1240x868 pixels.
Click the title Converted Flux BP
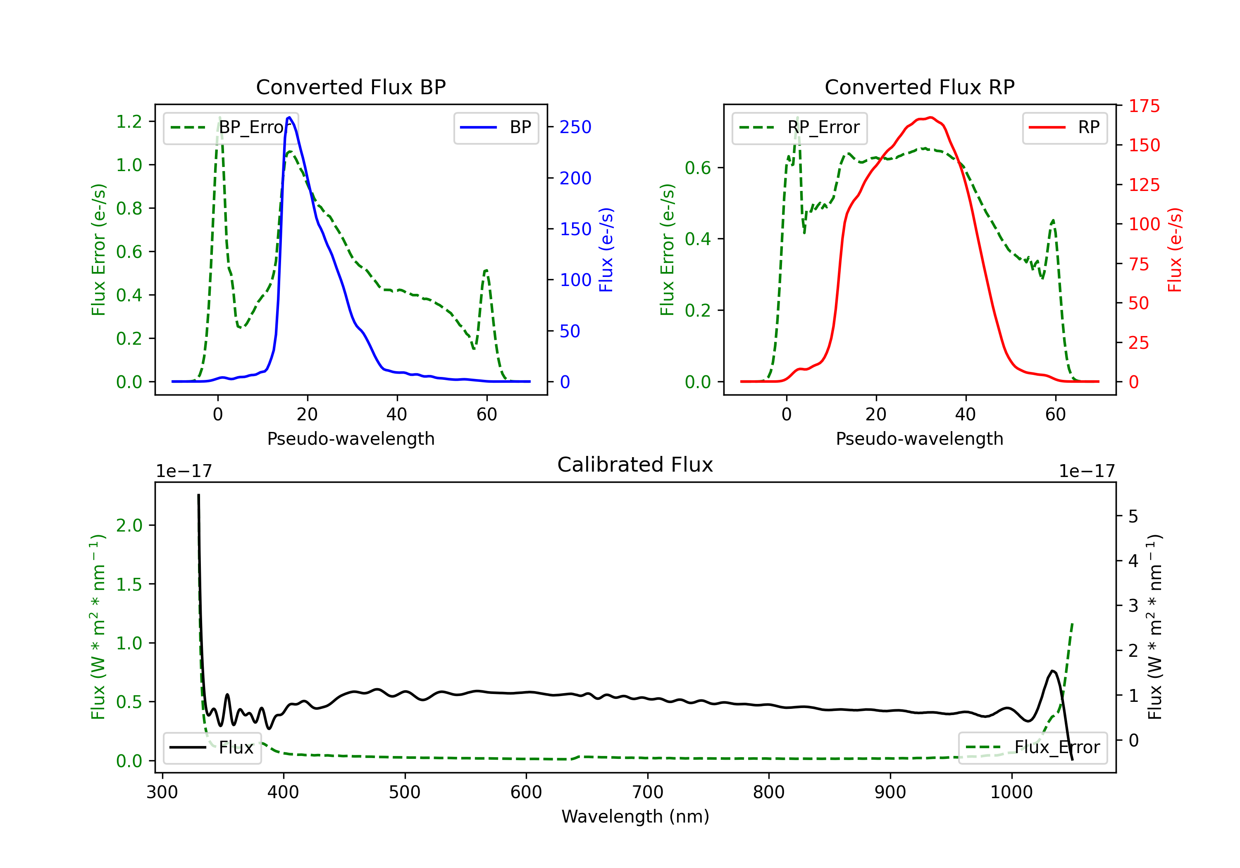pyautogui.click(x=351, y=87)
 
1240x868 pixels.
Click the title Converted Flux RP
pyautogui.click(x=919, y=87)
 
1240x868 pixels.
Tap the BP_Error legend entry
pyautogui.click(x=231, y=127)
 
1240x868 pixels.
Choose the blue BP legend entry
pyautogui.click(x=496, y=127)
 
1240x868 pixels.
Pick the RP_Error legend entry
pyautogui.click(x=799, y=127)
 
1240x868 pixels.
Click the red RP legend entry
pyautogui.click(x=1064, y=127)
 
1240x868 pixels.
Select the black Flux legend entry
pyautogui.click(x=212, y=748)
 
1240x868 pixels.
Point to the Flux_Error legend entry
pyautogui.click(x=1032, y=748)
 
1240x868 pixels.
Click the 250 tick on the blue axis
pyautogui.click(x=575, y=127)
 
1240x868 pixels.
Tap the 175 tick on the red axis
pyautogui.click(x=1144, y=106)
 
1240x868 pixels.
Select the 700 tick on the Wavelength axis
pyautogui.click(x=648, y=792)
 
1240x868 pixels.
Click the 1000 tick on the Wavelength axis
pyautogui.click(x=1011, y=792)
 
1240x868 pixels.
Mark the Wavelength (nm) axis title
pyautogui.click(x=635, y=816)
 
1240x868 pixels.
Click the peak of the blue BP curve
pyautogui.click(x=289, y=117)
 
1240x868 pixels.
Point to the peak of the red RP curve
pyautogui.click(x=930, y=117)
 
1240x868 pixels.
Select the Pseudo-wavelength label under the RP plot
pyautogui.click(x=919, y=439)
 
